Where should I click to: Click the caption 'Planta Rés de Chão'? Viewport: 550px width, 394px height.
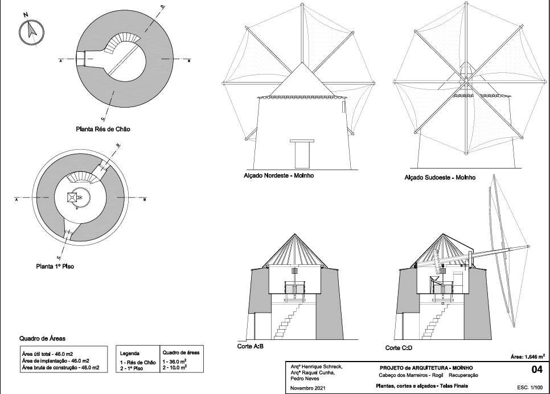click(103, 129)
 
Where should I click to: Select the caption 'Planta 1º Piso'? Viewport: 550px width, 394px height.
click(55, 266)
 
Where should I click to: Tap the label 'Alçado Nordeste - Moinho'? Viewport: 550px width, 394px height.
click(279, 175)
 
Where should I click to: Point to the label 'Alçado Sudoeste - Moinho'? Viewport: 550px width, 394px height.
click(440, 178)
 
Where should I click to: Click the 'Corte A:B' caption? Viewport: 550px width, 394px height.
click(251, 346)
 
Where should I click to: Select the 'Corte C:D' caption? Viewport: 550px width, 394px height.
click(399, 348)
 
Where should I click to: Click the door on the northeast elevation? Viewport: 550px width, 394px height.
click(302, 154)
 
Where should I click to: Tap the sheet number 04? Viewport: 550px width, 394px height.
click(537, 369)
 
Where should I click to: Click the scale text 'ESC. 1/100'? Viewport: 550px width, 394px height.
click(530, 388)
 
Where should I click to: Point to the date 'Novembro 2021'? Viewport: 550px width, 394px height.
click(308, 388)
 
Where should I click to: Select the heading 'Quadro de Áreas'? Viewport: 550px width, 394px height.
click(42, 339)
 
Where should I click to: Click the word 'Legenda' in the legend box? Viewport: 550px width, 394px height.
click(130, 354)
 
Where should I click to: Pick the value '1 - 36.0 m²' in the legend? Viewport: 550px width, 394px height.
click(174, 362)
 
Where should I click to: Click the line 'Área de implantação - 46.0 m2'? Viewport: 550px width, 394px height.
click(55, 360)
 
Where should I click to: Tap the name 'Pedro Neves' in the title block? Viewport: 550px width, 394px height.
click(305, 379)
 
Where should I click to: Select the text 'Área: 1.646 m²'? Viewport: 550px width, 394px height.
click(528, 357)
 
